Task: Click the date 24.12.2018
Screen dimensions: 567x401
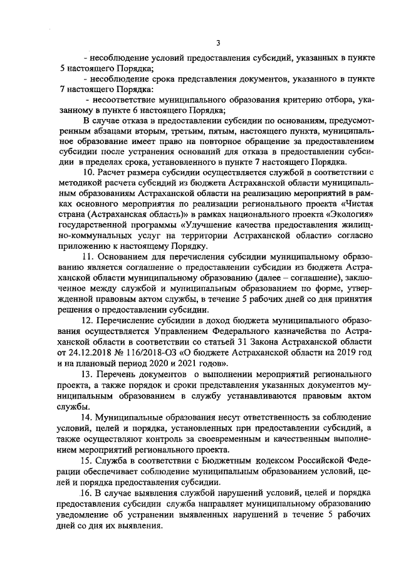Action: pos(76,354)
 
